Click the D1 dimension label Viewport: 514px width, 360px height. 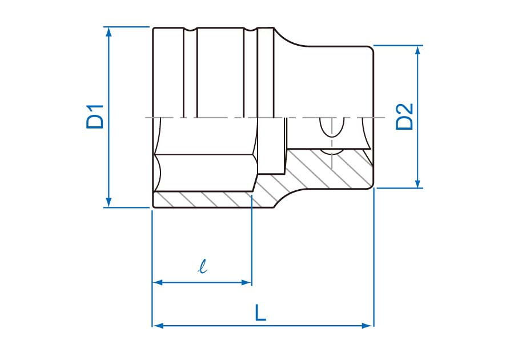click(95, 117)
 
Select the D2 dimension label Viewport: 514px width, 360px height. click(404, 117)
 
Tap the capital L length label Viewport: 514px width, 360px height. click(260, 313)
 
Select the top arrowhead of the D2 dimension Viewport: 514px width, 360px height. click(419, 50)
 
